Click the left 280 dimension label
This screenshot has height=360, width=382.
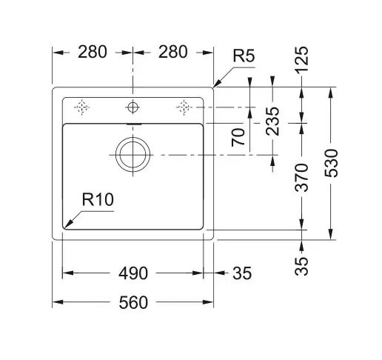click(93, 53)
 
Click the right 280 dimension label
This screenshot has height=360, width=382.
click(172, 53)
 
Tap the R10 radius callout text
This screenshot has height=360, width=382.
click(97, 199)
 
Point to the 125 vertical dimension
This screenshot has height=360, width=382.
click(303, 60)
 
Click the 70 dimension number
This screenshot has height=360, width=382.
click(238, 138)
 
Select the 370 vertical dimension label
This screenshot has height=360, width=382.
click(303, 179)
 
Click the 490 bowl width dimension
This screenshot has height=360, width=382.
click(133, 273)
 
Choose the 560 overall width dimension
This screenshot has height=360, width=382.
click(133, 302)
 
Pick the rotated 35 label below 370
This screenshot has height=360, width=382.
click(303, 266)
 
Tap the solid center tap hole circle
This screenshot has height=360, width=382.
click(133, 107)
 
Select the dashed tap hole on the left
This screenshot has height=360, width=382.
click(82, 107)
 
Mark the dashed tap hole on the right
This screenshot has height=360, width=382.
click(184, 107)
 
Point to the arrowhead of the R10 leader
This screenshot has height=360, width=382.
click(67, 225)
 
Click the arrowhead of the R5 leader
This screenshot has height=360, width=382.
click(215, 86)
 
